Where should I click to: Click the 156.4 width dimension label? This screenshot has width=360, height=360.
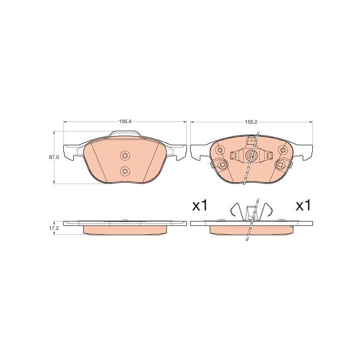pyautogui.click(x=125, y=122)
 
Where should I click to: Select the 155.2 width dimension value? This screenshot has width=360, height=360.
pyautogui.click(x=252, y=122)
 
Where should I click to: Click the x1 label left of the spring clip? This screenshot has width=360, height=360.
pyautogui.click(x=200, y=205)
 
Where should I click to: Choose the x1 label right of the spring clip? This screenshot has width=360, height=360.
pyautogui.click(x=303, y=205)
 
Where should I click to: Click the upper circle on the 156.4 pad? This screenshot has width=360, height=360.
pyautogui.click(x=125, y=155)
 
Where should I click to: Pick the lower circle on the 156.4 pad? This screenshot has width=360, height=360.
pyautogui.click(x=125, y=171)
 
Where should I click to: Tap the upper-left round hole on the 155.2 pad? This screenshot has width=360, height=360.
pyautogui.click(x=220, y=150)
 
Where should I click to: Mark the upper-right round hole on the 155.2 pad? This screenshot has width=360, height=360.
pyautogui.click(x=283, y=150)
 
